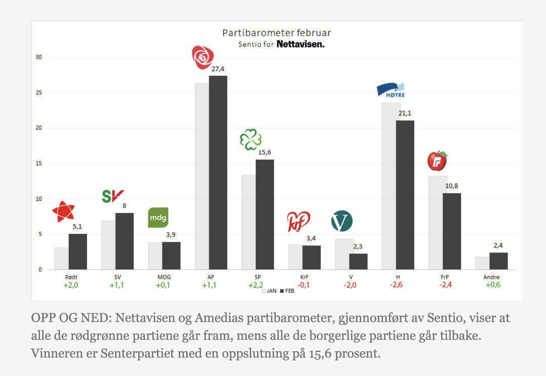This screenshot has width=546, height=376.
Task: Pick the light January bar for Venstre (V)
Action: click(x=342, y=254)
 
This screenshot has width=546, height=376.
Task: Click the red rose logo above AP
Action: click(x=203, y=57)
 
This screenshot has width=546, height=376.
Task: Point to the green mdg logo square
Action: click(x=158, y=218)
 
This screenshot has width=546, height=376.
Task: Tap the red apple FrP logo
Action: click(x=437, y=161)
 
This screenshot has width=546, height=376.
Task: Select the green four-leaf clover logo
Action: click(x=250, y=139)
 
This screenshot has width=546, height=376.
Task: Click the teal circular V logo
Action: click(x=342, y=221)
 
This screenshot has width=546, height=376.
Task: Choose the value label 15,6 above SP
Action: click(x=264, y=152)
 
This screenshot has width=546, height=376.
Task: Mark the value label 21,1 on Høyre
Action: click(x=405, y=113)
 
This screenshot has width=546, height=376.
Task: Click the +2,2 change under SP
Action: click(x=255, y=285)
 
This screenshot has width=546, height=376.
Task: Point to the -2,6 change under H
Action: click(x=396, y=285)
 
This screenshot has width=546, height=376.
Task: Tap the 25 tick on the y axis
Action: click(x=39, y=93)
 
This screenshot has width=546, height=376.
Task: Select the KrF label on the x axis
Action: click(x=304, y=277)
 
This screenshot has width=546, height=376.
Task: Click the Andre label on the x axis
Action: click(x=491, y=277)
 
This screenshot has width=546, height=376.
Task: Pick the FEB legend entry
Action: click(x=287, y=291)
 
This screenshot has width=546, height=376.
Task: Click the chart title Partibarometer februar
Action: click(x=276, y=33)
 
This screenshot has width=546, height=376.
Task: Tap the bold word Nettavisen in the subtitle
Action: click(x=300, y=44)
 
